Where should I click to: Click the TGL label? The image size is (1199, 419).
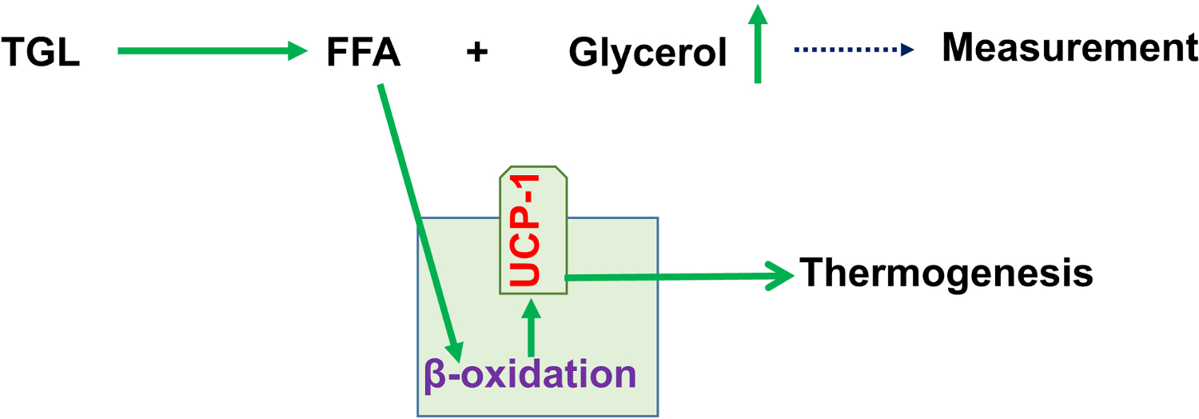41,54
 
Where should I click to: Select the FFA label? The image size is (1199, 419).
364,54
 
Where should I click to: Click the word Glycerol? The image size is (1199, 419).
647,54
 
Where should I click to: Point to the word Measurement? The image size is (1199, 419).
1070,49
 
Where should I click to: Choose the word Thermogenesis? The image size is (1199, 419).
946,274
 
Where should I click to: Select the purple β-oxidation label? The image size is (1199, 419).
529,374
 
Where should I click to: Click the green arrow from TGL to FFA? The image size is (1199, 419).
212,51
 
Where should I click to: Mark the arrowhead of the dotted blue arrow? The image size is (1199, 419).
907,50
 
